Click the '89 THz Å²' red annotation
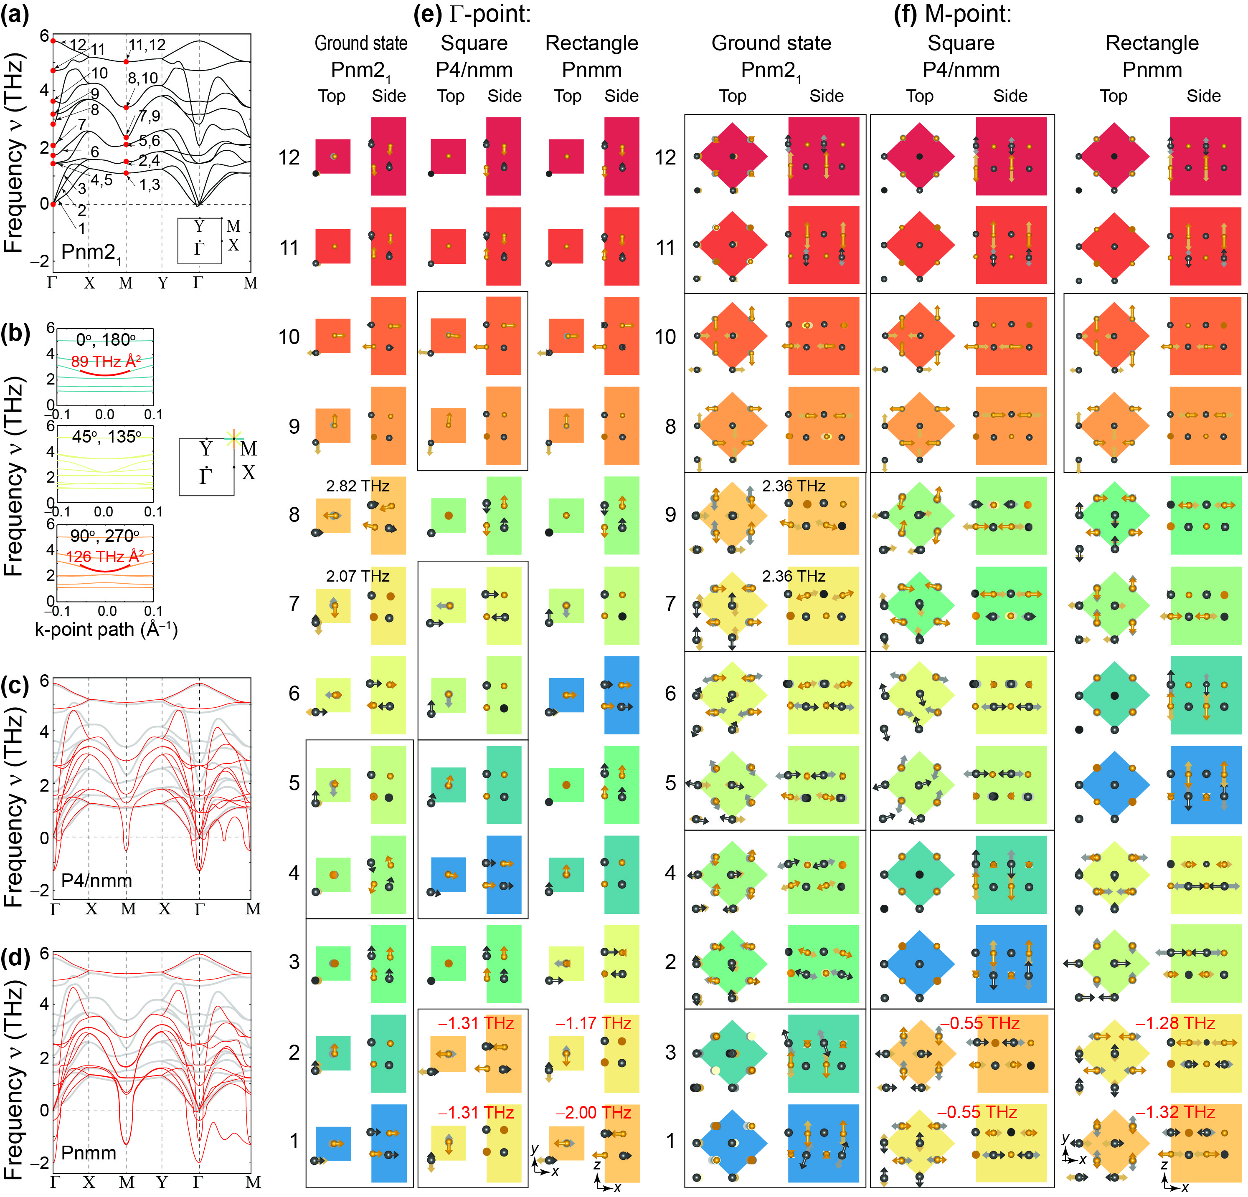coord(106,362)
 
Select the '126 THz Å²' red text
coord(105,556)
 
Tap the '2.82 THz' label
coord(357,486)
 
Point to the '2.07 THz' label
coord(357,576)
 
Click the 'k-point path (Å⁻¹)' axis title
coord(106,629)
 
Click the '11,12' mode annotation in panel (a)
coord(147,45)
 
